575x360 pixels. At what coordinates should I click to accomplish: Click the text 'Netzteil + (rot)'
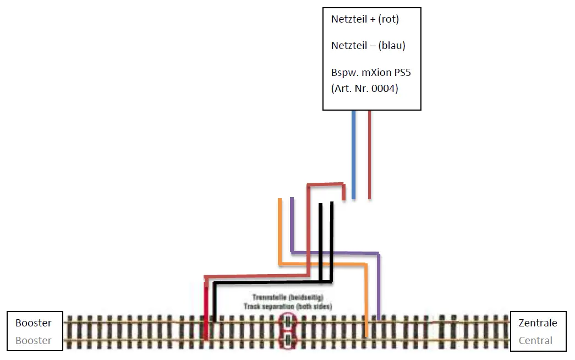[365, 19]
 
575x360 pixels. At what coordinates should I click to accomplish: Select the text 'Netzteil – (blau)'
[368, 46]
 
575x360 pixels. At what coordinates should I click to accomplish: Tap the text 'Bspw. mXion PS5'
[371, 73]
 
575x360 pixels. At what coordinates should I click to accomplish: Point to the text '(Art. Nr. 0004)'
[364, 88]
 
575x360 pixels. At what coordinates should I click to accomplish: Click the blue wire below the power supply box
[353, 154]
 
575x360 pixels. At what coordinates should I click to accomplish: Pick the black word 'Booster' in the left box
[34, 323]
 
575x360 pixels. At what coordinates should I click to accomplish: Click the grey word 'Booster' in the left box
[34, 341]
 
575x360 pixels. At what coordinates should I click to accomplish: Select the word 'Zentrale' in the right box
[538, 323]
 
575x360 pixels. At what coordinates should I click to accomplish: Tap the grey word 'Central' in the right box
[535, 341]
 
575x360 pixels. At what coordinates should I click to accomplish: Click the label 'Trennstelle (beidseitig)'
[288, 297]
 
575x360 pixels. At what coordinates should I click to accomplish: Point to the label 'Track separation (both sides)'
[288, 306]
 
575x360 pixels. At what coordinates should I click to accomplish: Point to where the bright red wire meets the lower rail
[205, 338]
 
